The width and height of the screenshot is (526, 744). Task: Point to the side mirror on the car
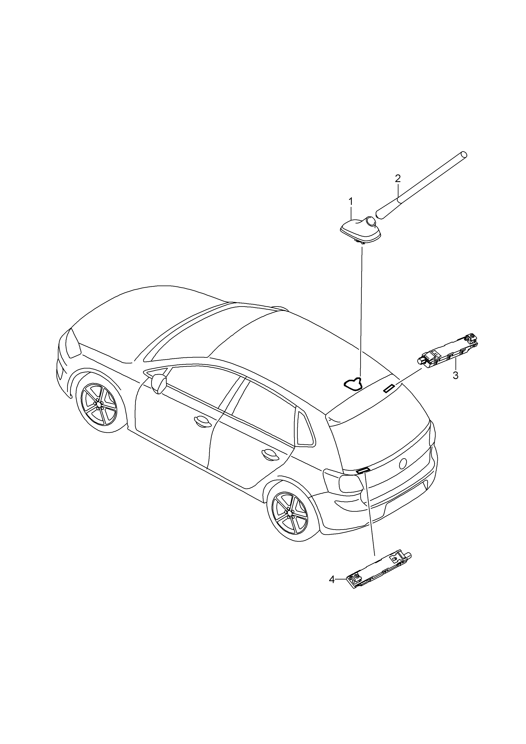(x=159, y=384)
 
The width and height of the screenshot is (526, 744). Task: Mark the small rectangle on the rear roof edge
(x=389, y=389)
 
